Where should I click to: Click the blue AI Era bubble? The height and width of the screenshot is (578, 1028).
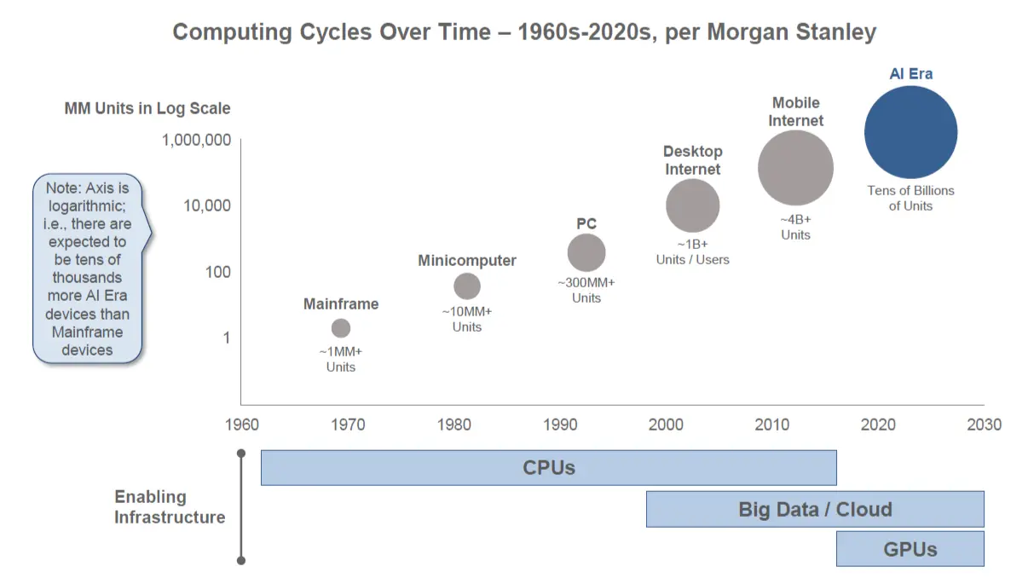[x=910, y=132]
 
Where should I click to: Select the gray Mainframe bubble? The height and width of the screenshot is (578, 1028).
[x=341, y=328]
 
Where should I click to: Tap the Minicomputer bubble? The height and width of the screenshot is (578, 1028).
[x=467, y=286]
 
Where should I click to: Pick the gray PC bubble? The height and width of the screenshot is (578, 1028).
[x=586, y=252]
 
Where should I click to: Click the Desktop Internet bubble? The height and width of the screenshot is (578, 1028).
[x=692, y=205]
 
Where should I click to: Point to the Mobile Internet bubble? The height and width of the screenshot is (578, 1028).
[x=795, y=168]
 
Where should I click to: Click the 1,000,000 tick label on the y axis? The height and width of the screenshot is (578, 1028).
[x=196, y=140]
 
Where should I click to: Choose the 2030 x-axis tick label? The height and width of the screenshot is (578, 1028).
[x=984, y=425]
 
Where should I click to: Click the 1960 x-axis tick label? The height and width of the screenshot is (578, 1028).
[x=241, y=425]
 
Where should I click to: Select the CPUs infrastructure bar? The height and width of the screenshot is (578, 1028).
[x=548, y=468]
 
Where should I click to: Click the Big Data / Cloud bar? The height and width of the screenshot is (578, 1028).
[x=815, y=510]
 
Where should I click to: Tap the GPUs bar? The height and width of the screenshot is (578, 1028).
[x=910, y=549]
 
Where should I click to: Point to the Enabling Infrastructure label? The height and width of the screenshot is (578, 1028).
[x=170, y=507]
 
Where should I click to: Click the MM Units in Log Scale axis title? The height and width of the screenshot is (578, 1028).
[x=147, y=108]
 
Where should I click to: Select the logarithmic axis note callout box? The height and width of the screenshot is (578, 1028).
[x=88, y=268]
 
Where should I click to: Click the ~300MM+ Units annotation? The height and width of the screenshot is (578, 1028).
[x=586, y=290]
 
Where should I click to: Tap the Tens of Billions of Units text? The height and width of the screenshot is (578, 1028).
[x=910, y=198]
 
